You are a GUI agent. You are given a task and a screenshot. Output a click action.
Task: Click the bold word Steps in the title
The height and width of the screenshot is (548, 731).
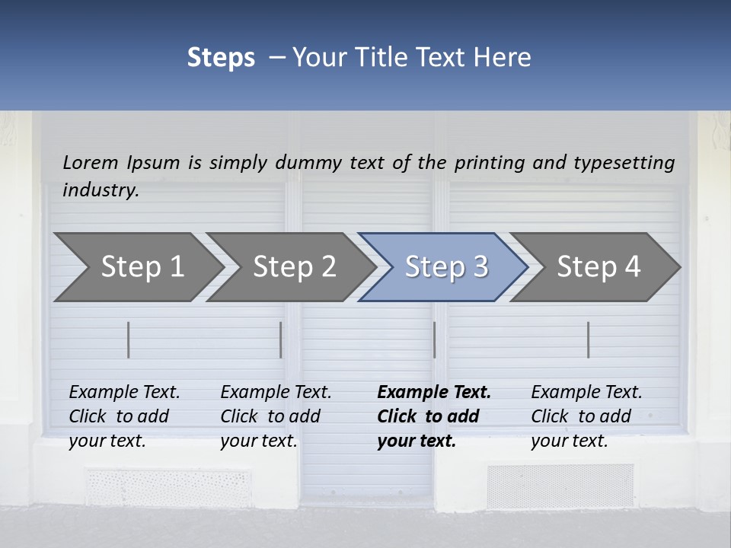pos(221,58)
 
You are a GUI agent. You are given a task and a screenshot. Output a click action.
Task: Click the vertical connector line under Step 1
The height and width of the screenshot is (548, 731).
pos(129,339)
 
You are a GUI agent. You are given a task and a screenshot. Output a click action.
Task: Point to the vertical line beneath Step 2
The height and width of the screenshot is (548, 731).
pos(281,339)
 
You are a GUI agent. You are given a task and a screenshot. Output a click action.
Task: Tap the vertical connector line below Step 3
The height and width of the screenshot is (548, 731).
pos(434,339)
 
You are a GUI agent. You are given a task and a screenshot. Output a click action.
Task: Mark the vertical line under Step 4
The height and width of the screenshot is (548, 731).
pos(588,339)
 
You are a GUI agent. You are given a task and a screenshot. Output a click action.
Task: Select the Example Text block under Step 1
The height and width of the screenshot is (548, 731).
pos(125,416)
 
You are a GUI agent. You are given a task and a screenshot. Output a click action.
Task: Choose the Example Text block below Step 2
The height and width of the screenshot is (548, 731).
pos(276,416)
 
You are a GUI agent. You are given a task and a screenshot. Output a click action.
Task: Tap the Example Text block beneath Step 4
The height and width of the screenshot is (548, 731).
pos(586,416)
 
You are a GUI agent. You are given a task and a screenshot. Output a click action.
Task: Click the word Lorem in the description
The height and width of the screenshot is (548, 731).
pos(91,162)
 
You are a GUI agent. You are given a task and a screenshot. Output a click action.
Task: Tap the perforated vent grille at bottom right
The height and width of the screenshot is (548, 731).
pos(560,486)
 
